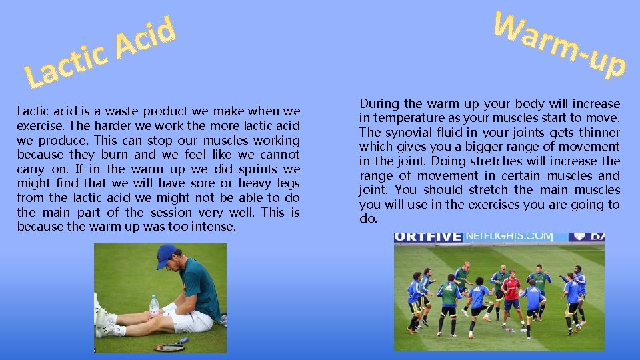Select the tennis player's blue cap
(166, 255)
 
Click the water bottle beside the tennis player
(154, 307)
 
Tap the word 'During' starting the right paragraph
(379, 103)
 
